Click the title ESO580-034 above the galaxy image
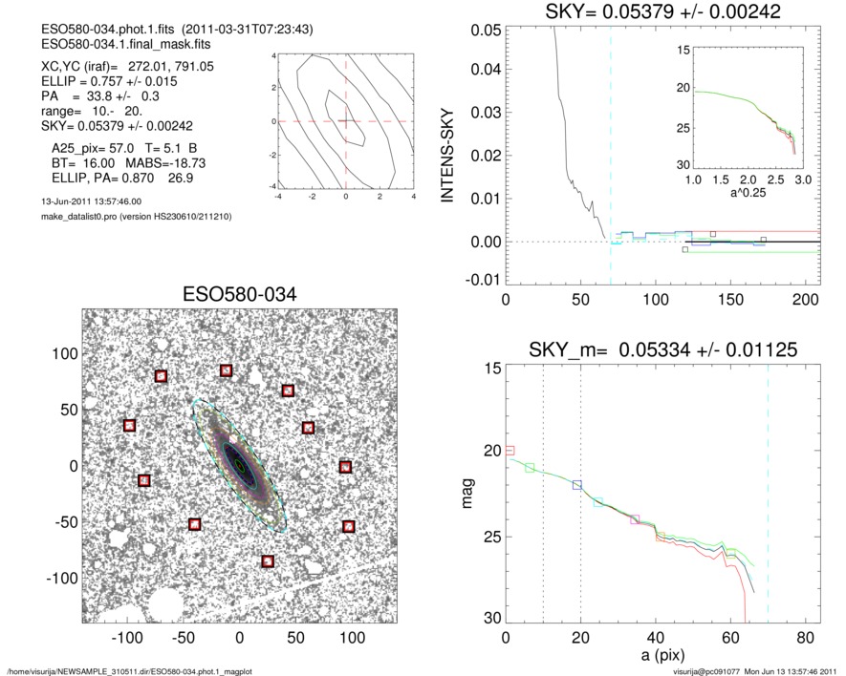[x=240, y=294]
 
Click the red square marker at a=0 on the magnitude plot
[x=510, y=450]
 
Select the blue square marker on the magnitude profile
[x=576, y=485]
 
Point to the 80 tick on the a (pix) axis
[x=805, y=638]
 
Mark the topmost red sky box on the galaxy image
[x=226, y=370]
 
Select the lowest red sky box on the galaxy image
[x=268, y=561]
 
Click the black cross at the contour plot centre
[x=346, y=121]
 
